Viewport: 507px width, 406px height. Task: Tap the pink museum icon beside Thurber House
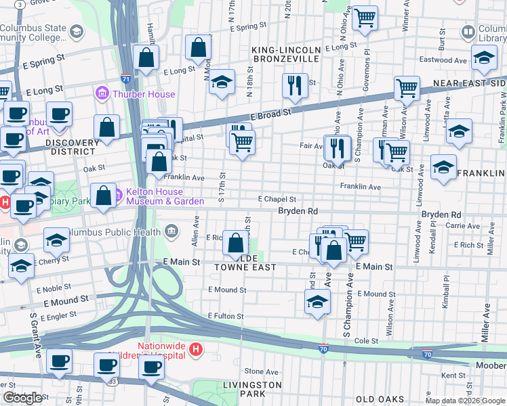(x=102, y=92)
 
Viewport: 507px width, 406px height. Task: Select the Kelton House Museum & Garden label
(x=163, y=196)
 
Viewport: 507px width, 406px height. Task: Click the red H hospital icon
(x=196, y=350)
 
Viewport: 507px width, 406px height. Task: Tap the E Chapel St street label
(x=277, y=199)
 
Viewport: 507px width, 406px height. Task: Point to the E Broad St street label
(x=271, y=110)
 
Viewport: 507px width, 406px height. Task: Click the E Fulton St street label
(x=226, y=316)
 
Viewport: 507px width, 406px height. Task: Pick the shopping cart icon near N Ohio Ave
(x=365, y=18)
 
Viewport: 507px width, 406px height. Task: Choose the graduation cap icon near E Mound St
(x=317, y=302)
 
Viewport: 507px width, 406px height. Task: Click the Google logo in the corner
(x=22, y=398)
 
